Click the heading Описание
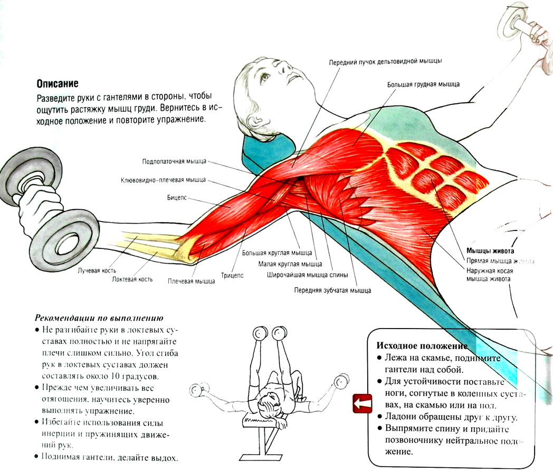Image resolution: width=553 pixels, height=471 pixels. pyautogui.click(x=58, y=83)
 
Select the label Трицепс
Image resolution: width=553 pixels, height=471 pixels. pyautogui.click(x=233, y=275)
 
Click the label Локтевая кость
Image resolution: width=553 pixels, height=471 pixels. pyautogui.click(x=132, y=279)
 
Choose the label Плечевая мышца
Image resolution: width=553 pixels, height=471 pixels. pyautogui.click(x=191, y=281)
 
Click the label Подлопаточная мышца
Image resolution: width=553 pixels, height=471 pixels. pyautogui.click(x=174, y=161)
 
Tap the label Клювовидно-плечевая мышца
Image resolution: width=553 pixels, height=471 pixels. pyautogui.click(x=163, y=180)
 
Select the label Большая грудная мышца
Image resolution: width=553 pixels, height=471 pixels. pyautogui.click(x=423, y=84)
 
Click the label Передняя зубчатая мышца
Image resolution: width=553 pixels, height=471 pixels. pyautogui.click(x=332, y=290)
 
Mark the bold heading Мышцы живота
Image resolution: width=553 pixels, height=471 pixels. pyautogui.click(x=490, y=251)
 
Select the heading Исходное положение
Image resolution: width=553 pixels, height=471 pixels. pyautogui.click(x=422, y=346)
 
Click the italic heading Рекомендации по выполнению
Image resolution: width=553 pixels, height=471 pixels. pyautogui.click(x=99, y=318)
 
